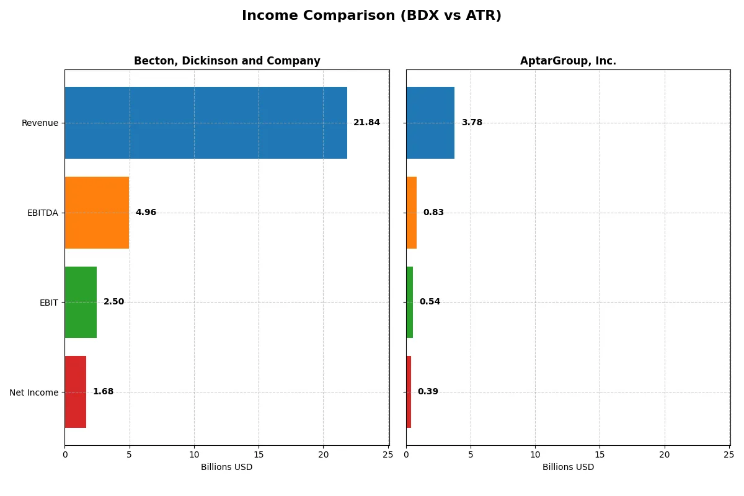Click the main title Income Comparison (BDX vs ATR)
pyautogui.click(x=371, y=15)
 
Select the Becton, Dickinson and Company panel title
pyautogui.click(x=227, y=61)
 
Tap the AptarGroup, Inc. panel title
pyautogui.click(x=568, y=61)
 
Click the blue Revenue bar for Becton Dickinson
pyautogui.click(x=206, y=123)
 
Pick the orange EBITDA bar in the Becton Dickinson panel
pyautogui.click(x=97, y=213)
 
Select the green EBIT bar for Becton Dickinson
pyautogui.click(x=81, y=303)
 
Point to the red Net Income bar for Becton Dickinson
pyautogui.click(x=76, y=392)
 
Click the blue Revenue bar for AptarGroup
pyautogui.click(x=430, y=123)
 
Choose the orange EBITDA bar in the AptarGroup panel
pyautogui.click(x=412, y=213)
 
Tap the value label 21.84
pyautogui.click(x=366, y=123)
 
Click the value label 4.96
pyautogui.click(x=146, y=213)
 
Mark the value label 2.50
pyautogui.click(x=113, y=302)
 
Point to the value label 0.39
pyautogui.click(x=428, y=392)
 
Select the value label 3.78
pyautogui.click(x=472, y=123)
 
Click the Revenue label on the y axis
pyautogui.click(x=40, y=123)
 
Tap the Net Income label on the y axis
pyautogui.click(x=34, y=392)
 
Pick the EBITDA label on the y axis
pyautogui.click(x=43, y=213)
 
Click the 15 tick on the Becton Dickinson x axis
pyautogui.click(x=259, y=455)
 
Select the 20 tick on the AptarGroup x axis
pyautogui.click(x=665, y=455)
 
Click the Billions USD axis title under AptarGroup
pyautogui.click(x=568, y=467)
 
